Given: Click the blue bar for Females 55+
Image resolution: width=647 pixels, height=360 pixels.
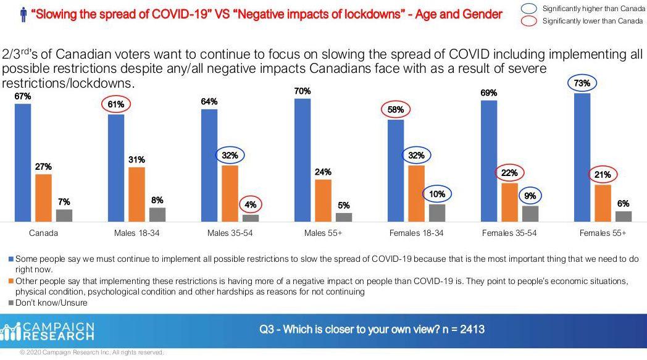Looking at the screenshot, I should tap(582, 157).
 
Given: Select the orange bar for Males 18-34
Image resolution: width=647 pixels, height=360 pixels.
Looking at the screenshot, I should tap(136, 194).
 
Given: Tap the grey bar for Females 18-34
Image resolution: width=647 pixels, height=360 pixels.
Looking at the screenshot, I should tap(436, 212).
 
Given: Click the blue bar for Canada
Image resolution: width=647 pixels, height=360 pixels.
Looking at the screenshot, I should tap(23, 162).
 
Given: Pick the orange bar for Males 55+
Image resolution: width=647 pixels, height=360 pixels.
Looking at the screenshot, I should tap(323, 200).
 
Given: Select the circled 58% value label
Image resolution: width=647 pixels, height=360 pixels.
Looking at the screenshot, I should tap(396, 110).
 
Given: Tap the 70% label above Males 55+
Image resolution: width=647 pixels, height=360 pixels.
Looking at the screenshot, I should tap(303, 91).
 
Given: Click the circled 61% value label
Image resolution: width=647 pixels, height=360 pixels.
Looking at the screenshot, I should tap(116, 104).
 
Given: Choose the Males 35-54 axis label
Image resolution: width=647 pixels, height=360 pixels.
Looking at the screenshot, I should tap(230, 233).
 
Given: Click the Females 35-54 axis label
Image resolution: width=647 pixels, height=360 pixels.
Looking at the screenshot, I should tap(509, 233).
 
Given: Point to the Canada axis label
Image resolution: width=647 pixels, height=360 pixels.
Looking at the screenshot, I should tap(43, 233).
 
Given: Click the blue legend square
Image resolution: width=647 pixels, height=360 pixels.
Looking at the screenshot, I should tap(10, 259).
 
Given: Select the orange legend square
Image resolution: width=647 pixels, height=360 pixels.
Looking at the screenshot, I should tap(10, 282).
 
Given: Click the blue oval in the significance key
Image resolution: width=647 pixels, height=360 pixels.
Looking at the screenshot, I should tap(528, 9).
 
